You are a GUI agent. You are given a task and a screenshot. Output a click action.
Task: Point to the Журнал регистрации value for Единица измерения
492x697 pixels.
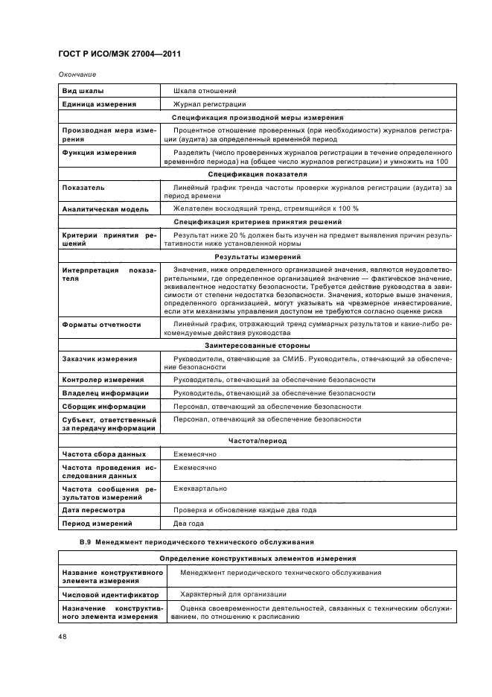point(209,105)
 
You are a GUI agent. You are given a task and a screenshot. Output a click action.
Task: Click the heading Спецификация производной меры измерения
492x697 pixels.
point(258,118)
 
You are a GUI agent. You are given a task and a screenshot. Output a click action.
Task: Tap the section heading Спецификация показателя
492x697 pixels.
point(258,174)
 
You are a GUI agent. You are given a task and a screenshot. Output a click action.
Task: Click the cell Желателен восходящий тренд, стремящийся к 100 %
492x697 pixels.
point(265,209)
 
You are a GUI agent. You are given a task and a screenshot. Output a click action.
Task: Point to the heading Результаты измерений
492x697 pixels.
point(258,255)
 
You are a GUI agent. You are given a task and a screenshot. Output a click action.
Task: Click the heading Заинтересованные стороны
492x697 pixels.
point(258,346)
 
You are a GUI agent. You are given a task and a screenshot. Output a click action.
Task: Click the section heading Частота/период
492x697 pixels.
point(258,441)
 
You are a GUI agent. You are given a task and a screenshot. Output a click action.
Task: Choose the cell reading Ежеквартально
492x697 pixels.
point(200,488)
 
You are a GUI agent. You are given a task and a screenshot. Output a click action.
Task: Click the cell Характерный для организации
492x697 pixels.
point(234,594)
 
